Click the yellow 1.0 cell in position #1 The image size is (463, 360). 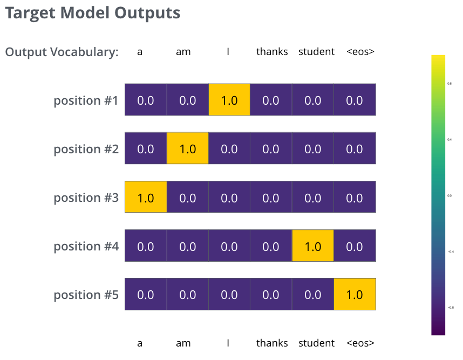click(x=229, y=100)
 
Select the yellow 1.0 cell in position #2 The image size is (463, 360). click(x=187, y=148)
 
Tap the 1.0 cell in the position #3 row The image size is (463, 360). click(x=146, y=197)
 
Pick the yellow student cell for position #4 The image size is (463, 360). click(x=313, y=246)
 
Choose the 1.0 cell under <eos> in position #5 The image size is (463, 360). click(x=355, y=294)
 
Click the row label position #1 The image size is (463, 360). click(x=86, y=100)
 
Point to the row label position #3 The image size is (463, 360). click(x=86, y=198)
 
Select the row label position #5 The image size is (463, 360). click(x=86, y=295)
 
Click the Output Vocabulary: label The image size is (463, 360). click(x=62, y=52)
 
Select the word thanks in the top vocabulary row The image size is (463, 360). click(x=272, y=52)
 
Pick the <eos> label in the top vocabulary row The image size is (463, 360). click(x=360, y=52)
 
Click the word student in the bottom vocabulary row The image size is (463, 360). click(x=316, y=343)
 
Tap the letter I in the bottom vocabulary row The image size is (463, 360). click(x=228, y=343)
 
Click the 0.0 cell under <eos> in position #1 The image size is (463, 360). click(x=355, y=100)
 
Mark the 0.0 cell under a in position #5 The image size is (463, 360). click(x=146, y=294)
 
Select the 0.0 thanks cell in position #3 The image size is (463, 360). click(x=271, y=197)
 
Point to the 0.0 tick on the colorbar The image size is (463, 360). click(x=450, y=195)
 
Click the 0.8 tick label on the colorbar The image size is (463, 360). click(x=450, y=84)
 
